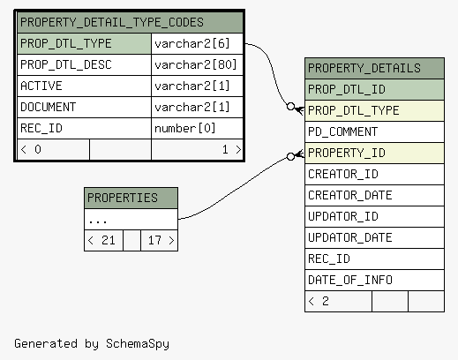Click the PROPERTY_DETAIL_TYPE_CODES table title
tap(112, 22)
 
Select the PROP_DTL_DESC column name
tap(66, 64)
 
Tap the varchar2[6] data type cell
tap(197, 43)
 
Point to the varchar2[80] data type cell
tap(197, 64)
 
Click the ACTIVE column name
tap(41, 86)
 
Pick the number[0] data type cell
tap(197, 128)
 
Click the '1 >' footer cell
tap(197, 149)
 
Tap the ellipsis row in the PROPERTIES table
tap(131, 219)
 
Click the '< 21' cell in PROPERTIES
tap(103, 240)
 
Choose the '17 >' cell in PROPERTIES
tap(159, 240)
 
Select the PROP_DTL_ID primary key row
tap(374, 89)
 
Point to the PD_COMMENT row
tap(374, 131)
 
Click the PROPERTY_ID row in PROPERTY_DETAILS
tap(374, 153)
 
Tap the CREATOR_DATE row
tap(374, 195)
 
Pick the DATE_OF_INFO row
tap(374, 280)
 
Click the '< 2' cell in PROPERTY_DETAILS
tap(338, 301)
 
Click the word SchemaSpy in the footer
tap(138, 343)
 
